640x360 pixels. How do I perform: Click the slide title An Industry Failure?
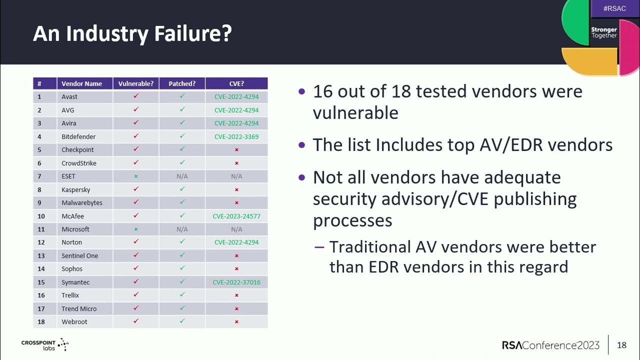point(132,33)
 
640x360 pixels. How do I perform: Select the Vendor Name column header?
point(81,83)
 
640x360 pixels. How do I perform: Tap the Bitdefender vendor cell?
point(78,136)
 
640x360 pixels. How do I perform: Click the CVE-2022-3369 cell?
point(236,136)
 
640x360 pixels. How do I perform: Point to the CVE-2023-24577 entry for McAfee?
point(236,216)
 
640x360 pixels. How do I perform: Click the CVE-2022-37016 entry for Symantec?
point(236,282)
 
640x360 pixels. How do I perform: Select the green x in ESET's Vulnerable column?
point(136,176)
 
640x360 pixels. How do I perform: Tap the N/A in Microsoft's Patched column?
point(182,229)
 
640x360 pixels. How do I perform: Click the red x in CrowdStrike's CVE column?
point(236,163)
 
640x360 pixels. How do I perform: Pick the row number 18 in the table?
point(41,322)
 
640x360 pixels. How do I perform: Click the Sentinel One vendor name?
point(80,256)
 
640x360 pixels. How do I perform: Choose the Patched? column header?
point(182,83)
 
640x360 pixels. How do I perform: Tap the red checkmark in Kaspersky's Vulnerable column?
point(136,189)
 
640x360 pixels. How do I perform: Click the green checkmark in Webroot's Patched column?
point(182,321)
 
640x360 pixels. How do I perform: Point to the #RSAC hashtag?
point(614,8)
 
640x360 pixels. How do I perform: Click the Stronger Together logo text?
point(604,32)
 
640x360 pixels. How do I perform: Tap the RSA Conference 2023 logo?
point(550,345)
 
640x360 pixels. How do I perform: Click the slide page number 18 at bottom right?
point(622,345)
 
